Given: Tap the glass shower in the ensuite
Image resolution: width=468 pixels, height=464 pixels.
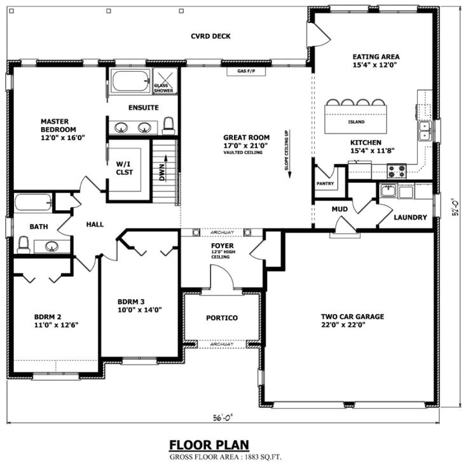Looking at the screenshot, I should pyautogui.click(x=165, y=81).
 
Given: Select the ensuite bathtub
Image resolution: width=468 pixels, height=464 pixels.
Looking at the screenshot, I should pyautogui.click(x=130, y=82).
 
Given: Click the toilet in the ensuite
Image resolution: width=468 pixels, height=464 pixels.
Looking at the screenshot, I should pyautogui.click(x=169, y=126).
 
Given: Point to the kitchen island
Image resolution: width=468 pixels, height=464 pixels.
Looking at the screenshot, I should pyautogui.click(x=356, y=121).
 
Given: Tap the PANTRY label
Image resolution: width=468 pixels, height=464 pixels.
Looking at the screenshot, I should pyautogui.click(x=326, y=183).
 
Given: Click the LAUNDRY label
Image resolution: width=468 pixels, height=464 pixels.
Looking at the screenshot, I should pyautogui.click(x=410, y=218).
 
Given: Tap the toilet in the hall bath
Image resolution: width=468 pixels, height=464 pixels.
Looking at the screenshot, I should pyautogui.click(x=24, y=244).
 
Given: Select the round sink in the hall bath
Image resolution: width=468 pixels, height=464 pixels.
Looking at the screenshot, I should pyautogui.click(x=52, y=246).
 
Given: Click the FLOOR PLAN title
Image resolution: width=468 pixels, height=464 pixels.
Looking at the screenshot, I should pyautogui.click(x=209, y=445).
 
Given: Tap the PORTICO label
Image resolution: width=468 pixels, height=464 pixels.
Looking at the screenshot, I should pyautogui.click(x=222, y=317).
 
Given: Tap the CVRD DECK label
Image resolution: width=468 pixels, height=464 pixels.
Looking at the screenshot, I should pyautogui.click(x=210, y=36).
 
